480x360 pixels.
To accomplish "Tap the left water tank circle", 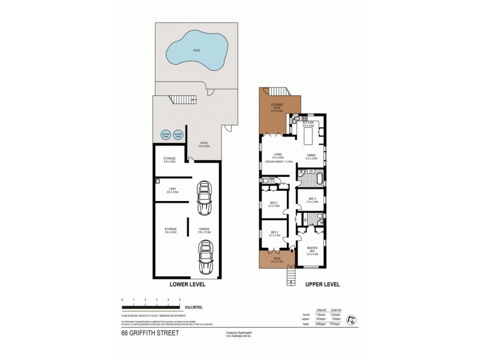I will [164, 135].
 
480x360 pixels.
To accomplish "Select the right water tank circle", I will [178, 135].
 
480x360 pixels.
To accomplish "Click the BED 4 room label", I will [312, 200].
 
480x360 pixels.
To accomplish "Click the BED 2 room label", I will [275, 234].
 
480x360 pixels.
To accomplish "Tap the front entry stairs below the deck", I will [291, 275].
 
